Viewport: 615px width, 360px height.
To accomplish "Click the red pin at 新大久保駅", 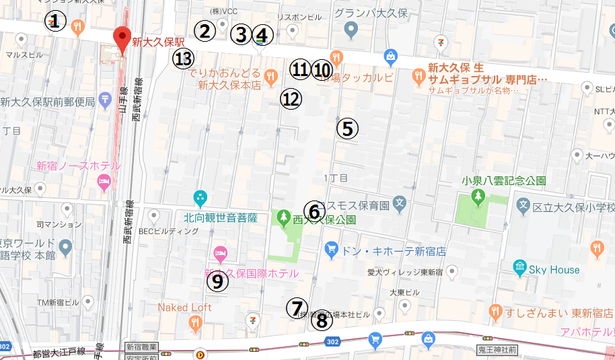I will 122,37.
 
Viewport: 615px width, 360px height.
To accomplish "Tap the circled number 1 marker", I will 56,21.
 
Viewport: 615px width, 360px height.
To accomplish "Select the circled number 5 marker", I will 347,128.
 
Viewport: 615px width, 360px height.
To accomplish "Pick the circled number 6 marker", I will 314,211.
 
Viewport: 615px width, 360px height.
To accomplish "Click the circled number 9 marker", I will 217,281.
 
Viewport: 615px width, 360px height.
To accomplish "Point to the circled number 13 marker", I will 184,59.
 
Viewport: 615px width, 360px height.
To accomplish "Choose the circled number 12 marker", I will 291,99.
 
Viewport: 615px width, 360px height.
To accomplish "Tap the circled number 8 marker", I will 322,321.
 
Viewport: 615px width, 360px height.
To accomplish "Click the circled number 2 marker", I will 205,30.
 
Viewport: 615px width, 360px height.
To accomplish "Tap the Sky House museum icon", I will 520,268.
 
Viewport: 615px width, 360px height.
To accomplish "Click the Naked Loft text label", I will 185,308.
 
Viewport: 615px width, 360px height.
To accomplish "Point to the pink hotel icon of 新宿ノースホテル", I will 104,181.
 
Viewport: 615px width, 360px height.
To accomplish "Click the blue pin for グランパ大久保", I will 350,29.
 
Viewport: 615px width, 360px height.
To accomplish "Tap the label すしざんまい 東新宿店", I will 552,312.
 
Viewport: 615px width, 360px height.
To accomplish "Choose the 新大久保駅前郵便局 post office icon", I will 104,100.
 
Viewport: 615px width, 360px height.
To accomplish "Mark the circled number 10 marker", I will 322,69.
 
